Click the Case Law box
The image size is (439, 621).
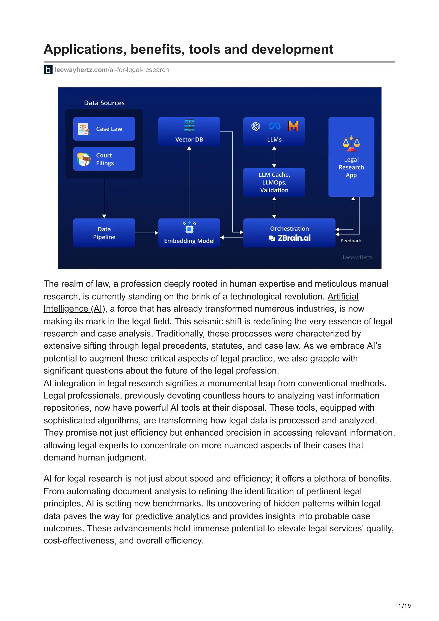pyautogui.click(x=104, y=129)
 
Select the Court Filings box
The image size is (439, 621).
pyautogui.click(x=104, y=159)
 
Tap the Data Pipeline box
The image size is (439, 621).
pyautogui.click(x=104, y=233)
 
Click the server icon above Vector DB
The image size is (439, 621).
pyautogui.click(x=189, y=126)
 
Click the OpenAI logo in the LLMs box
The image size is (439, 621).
pyautogui.click(x=256, y=126)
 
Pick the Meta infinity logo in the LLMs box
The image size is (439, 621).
pyautogui.click(x=275, y=126)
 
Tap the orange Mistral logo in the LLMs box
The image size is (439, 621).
pyautogui.click(x=293, y=126)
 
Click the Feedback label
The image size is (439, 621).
pyautogui.click(x=351, y=241)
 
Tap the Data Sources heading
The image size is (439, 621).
pyautogui.click(x=104, y=103)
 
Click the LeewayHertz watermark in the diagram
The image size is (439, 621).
pyautogui.click(x=357, y=258)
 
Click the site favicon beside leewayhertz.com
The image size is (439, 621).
pyautogui.click(x=48, y=70)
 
